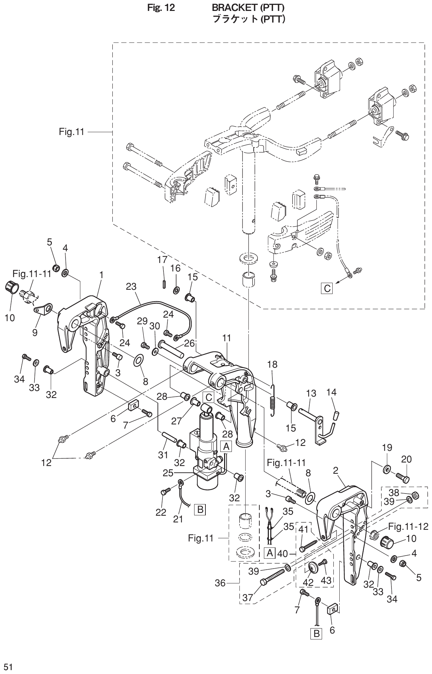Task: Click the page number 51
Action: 8,657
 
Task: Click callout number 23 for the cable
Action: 131,287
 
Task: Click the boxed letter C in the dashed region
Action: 327,288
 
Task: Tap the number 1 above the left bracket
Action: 101,275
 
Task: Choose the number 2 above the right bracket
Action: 335,471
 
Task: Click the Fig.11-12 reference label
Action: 408,527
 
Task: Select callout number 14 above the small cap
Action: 332,392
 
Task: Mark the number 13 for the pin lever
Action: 311,393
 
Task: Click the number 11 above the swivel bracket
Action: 227,338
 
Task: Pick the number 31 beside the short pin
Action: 163,455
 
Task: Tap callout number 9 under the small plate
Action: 35,332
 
